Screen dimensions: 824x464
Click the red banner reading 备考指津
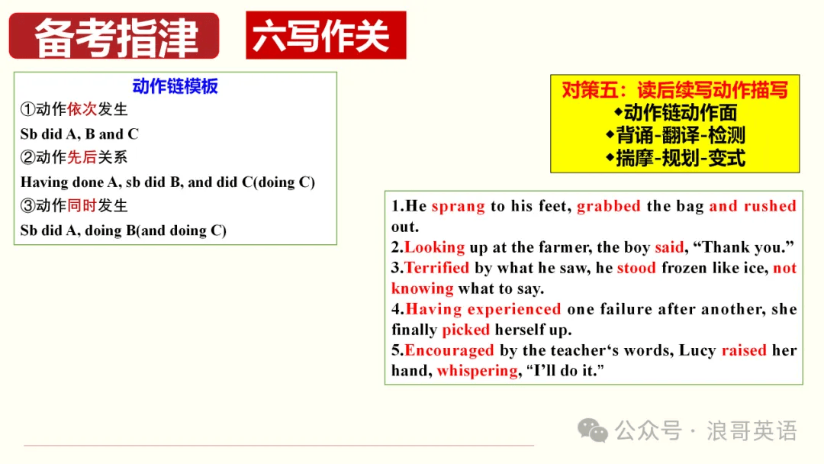click(114, 36)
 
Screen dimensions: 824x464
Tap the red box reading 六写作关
click(326, 35)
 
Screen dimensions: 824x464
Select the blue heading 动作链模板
click(175, 86)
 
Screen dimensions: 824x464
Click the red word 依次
click(82, 109)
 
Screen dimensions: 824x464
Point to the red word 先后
click(82, 157)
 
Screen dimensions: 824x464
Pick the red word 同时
click(82, 205)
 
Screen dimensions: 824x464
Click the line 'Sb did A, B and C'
click(79, 134)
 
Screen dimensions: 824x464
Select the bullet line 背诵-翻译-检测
click(676, 136)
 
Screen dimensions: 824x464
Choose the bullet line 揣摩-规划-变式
click(676, 158)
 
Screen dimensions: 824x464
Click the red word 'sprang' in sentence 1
click(459, 207)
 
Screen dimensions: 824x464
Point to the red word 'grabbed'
click(609, 206)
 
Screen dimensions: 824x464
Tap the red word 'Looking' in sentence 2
click(435, 247)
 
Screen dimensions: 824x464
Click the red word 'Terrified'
click(436, 268)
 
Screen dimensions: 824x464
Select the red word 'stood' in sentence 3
click(636, 268)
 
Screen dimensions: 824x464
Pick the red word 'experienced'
click(514, 310)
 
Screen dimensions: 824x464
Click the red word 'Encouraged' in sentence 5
click(449, 350)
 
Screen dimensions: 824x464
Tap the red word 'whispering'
click(477, 371)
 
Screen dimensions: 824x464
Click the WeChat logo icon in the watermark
click(593, 431)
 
